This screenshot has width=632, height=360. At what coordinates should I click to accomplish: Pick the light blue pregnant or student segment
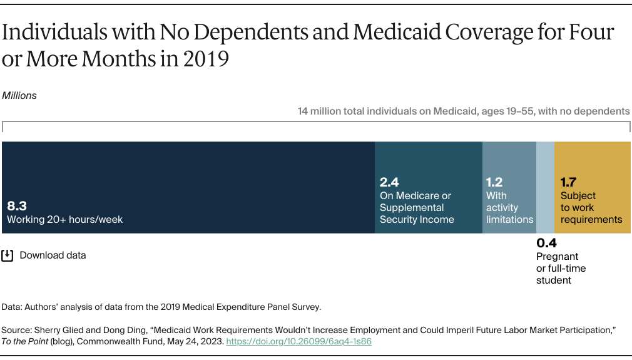pyautogui.click(x=545, y=187)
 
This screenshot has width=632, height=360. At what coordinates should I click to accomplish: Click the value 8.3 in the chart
pyautogui.click(x=17, y=205)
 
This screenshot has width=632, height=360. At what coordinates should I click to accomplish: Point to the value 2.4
pyautogui.click(x=389, y=182)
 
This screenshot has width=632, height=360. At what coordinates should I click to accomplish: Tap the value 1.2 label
pyautogui.click(x=494, y=182)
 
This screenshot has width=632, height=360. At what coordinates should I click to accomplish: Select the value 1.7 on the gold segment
pyautogui.click(x=568, y=182)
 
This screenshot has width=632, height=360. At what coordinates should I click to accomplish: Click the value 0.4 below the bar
pyautogui.click(x=546, y=243)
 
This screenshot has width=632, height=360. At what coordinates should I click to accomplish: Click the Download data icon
pyautogui.click(x=8, y=255)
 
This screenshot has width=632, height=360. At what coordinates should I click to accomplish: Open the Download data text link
pyautogui.click(x=53, y=255)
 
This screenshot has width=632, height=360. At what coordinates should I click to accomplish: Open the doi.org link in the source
pyautogui.click(x=298, y=342)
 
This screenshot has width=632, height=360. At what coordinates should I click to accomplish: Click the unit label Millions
pyautogui.click(x=19, y=96)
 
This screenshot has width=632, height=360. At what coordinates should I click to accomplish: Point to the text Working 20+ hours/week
pyautogui.click(x=65, y=220)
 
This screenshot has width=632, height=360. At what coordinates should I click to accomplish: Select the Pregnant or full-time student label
pyautogui.click(x=561, y=268)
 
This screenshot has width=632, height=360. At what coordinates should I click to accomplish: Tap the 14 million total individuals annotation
pyautogui.click(x=464, y=111)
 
